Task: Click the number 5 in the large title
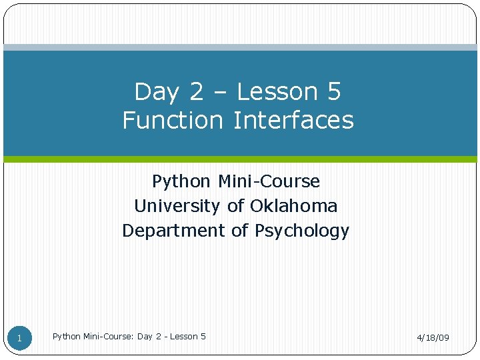tap(334, 91)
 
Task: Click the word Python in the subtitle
tap(179, 181)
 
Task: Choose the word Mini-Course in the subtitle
tap(269, 181)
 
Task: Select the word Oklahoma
tap(293, 206)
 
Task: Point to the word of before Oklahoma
tap(236, 206)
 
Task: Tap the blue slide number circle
tap(19, 338)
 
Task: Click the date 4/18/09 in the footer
tap(433, 338)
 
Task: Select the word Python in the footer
tap(67, 337)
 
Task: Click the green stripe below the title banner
tap(240, 159)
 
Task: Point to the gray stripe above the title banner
tap(240, 47)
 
